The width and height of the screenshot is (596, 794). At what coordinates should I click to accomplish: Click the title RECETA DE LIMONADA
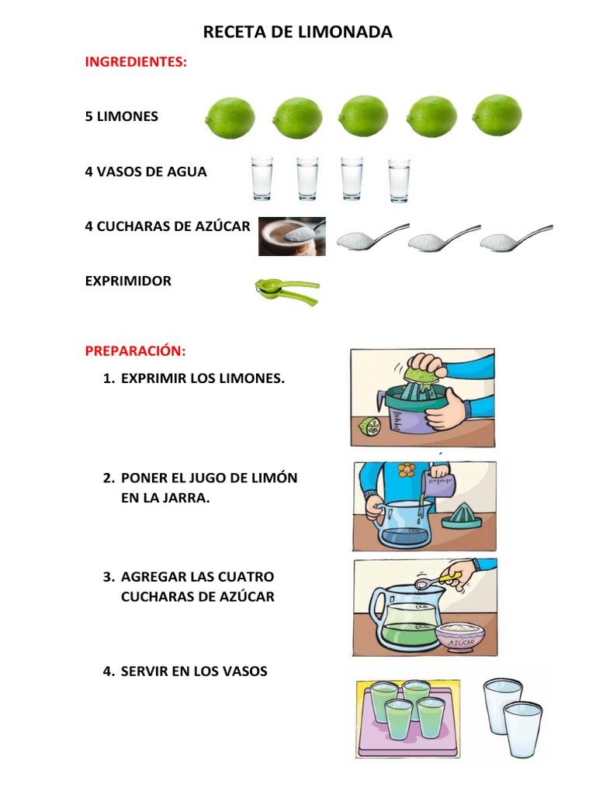coord(297,32)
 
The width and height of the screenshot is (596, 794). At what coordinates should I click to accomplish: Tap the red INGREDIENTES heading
coord(136,62)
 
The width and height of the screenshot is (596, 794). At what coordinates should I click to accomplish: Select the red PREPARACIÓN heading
coord(135,351)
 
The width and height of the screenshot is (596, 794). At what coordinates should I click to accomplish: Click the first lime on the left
coord(230,117)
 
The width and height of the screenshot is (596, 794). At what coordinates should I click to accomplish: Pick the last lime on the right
coord(497,116)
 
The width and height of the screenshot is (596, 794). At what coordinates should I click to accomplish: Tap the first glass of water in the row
coord(262,178)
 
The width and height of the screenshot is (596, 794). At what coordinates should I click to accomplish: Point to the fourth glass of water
coord(399,180)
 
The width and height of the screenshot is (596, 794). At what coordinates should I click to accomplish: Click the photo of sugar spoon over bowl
coord(292,236)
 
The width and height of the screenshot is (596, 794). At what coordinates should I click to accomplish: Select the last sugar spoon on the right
coord(515,238)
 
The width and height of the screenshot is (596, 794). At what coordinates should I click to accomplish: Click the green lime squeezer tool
coord(286,290)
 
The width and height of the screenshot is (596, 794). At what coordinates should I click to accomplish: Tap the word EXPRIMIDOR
coord(128,281)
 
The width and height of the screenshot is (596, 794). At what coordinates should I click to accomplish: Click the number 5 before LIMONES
coord(88,116)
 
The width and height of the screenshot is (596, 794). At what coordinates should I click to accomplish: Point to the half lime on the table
coord(369,426)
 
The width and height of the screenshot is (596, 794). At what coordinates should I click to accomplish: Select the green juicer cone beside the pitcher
coord(463,516)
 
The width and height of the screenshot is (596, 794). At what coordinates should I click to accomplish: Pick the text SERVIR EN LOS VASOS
coord(194,671)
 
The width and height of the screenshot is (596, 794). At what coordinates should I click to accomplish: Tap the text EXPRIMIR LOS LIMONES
coord(203,379)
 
